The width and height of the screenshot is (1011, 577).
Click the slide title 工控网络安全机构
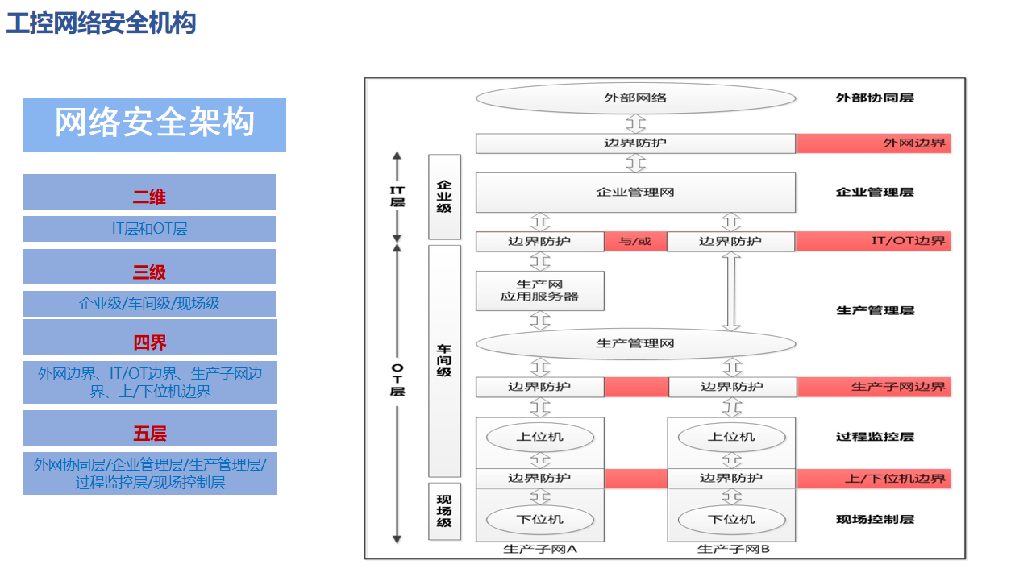tap(102, 23)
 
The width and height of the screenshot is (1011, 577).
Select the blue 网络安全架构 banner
tap(154, 124)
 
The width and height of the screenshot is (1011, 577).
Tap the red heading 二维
tap(149, 197)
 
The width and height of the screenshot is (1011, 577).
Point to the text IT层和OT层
tap(149, 229)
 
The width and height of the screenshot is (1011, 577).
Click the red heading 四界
tap(149, 342)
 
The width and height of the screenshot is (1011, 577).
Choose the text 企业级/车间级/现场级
tap(149, 304)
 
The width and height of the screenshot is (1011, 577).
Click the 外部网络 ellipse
tap(635, 98)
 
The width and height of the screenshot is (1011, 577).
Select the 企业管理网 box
tap(635, 193)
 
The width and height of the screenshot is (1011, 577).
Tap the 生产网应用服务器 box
tap(539, 291)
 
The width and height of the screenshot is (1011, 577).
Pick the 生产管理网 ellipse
tap(635, 344)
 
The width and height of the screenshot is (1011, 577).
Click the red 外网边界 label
tap(873, 143)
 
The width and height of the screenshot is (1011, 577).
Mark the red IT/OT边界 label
tap(873, 241)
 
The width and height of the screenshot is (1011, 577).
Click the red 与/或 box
tap(635, 241)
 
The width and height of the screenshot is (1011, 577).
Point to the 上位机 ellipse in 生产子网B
tap(731, 437)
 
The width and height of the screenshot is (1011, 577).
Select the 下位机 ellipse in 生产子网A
tap(539, 520)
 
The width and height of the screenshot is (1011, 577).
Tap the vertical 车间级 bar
tap(444, 360)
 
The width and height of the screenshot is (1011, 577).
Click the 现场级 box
tap(444, 511)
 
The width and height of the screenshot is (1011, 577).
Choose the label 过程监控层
tap(875, 437)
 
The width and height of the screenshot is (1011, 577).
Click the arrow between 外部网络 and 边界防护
tap(636, 123)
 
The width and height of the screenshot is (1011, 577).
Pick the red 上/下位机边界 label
tap(873, 479)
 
